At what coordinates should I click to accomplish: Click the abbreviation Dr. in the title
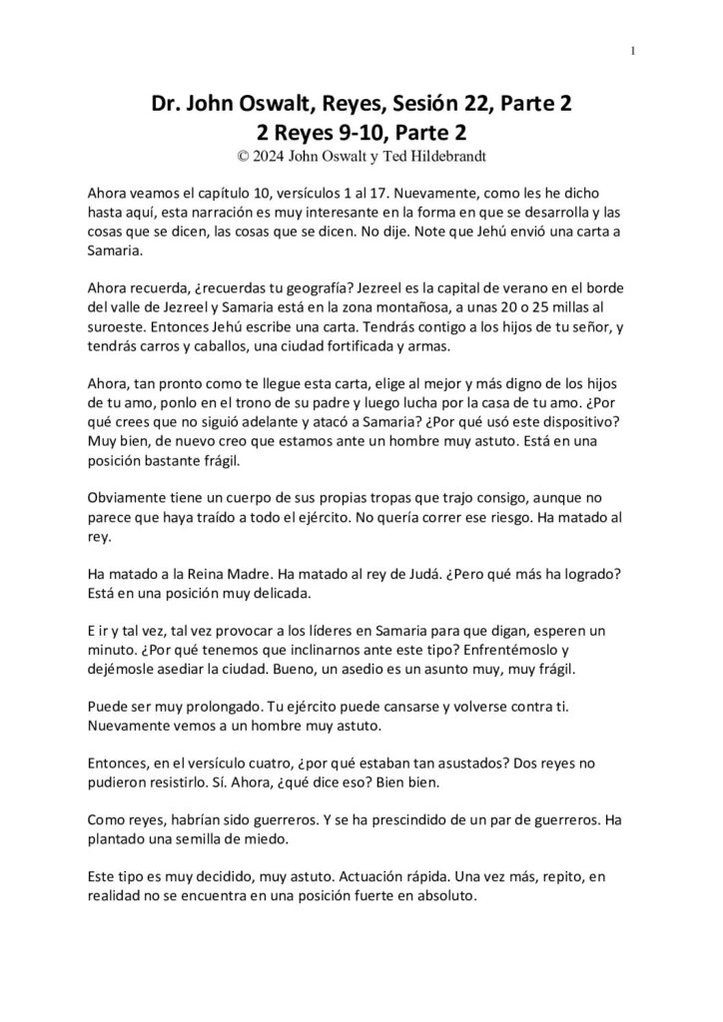(166, 105)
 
